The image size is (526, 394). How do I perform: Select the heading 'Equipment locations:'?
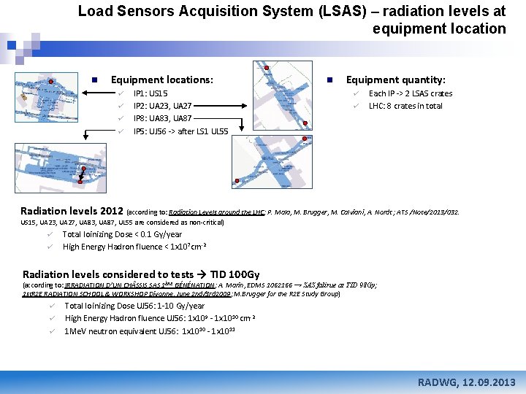click(x=161, y=80)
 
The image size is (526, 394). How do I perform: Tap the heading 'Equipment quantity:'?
click(x=395, y=80)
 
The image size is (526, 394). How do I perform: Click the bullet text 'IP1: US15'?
click(x=150, y=93)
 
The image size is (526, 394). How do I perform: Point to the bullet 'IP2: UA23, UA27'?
click(x=162, y=106)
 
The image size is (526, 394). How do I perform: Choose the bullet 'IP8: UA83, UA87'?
click(x=162, y=118)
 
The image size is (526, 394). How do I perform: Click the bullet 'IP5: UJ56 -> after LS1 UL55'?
click(x=180, y=131)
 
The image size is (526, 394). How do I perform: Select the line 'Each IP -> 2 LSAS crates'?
click(x=410, y=93)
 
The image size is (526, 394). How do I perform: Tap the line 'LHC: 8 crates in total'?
click(x=405, y=106)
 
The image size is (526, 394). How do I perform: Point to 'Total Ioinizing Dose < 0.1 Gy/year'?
click(x=122, y=234)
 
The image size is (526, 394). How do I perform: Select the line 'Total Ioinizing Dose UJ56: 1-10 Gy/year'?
click(x=134, y=306)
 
